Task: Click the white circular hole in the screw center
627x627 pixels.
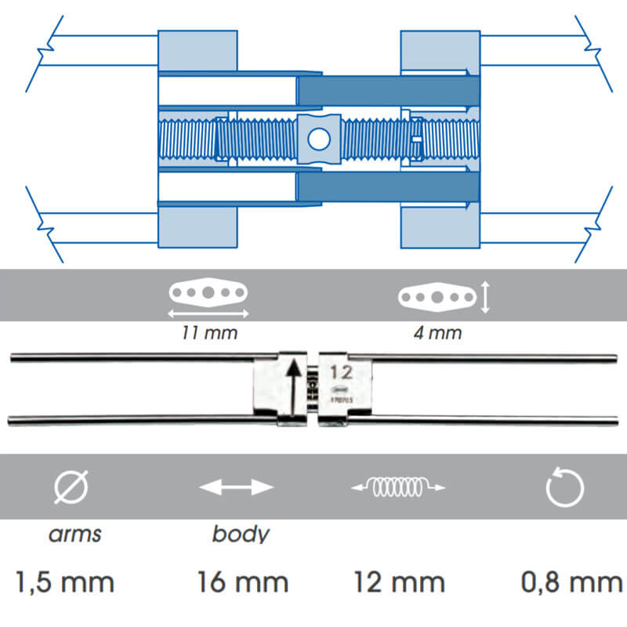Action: (x=318, y=139)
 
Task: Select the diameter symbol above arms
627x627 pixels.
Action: (x=71, y=488)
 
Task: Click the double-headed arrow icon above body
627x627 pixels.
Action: (x=236, y=487)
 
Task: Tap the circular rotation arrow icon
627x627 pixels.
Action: (x=564, y=488)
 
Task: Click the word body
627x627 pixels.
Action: (x=241, y=535)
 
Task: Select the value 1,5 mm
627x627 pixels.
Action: (x=65, y=582)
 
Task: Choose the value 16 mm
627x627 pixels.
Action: (x=242, y=582)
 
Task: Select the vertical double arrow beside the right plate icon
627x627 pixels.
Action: (x=485, y=298)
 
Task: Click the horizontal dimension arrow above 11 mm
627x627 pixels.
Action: (x=208, y=313)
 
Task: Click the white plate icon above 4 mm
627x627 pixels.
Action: (x=437, y=297)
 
